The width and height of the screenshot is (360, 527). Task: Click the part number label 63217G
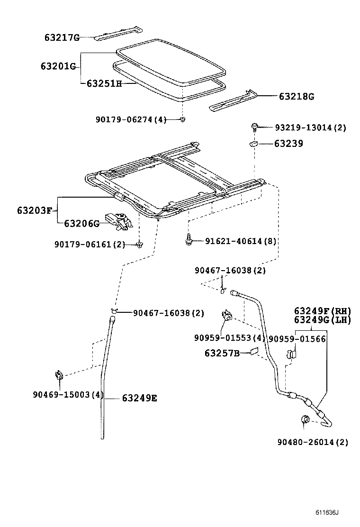[x=62, y=37]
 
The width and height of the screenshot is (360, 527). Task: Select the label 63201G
[x=58, y=66]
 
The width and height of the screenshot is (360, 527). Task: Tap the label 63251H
[x=104, y=83]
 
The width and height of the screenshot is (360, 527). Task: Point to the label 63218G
[x=296, y=96]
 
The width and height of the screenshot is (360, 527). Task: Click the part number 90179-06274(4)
[x=131, y=120]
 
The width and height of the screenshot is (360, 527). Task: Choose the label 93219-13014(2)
[x=310, y=127]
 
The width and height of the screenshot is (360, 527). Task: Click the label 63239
[x=288, y=143]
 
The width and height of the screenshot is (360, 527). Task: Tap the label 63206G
[x=81, y=223]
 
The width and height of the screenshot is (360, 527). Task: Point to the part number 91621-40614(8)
[x=241, y=241]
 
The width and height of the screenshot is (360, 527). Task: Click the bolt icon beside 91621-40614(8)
[x=189, y=240]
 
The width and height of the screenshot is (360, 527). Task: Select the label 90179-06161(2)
[x=90, y=244]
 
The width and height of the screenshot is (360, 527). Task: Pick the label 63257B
[x=223, y=353]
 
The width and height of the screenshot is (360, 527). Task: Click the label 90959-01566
[x=297, y=338]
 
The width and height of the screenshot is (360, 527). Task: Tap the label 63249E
[x=139, y=398]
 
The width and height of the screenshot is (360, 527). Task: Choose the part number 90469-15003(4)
[x=68, y=394]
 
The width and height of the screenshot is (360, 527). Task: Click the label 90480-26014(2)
[x=313, y=442]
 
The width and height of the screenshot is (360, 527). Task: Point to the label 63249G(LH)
[x=322, y=320]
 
